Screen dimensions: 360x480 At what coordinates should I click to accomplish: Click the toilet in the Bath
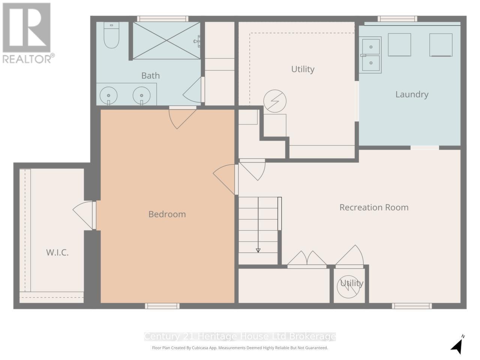(x=111, y=35)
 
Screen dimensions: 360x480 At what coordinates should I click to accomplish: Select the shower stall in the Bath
(x=166, y=40)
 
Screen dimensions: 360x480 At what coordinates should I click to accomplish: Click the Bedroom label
(x=167, y=214)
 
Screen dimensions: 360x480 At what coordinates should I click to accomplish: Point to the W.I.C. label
(x=57, y=252)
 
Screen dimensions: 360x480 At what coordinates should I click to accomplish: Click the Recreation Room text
(x=374, y=207)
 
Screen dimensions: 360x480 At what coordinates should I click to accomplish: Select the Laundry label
(x=412, y=94)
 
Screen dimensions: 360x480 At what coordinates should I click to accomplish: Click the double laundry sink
(x=370, y=55)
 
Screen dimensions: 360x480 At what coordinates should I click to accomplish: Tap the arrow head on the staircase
(x=258, y=250)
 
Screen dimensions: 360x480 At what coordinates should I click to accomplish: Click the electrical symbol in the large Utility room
(x=275, y=101)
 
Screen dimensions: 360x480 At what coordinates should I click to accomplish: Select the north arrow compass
(x=457, y=345)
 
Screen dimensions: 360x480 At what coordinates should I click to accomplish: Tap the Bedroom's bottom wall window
(x=162, y=306)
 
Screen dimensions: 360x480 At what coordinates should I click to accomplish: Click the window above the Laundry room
(x=397, y=19)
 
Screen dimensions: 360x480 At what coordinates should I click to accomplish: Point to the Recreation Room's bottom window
(x=412, y=306)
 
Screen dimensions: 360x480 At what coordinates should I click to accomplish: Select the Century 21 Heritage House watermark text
(x=240, y=336)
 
